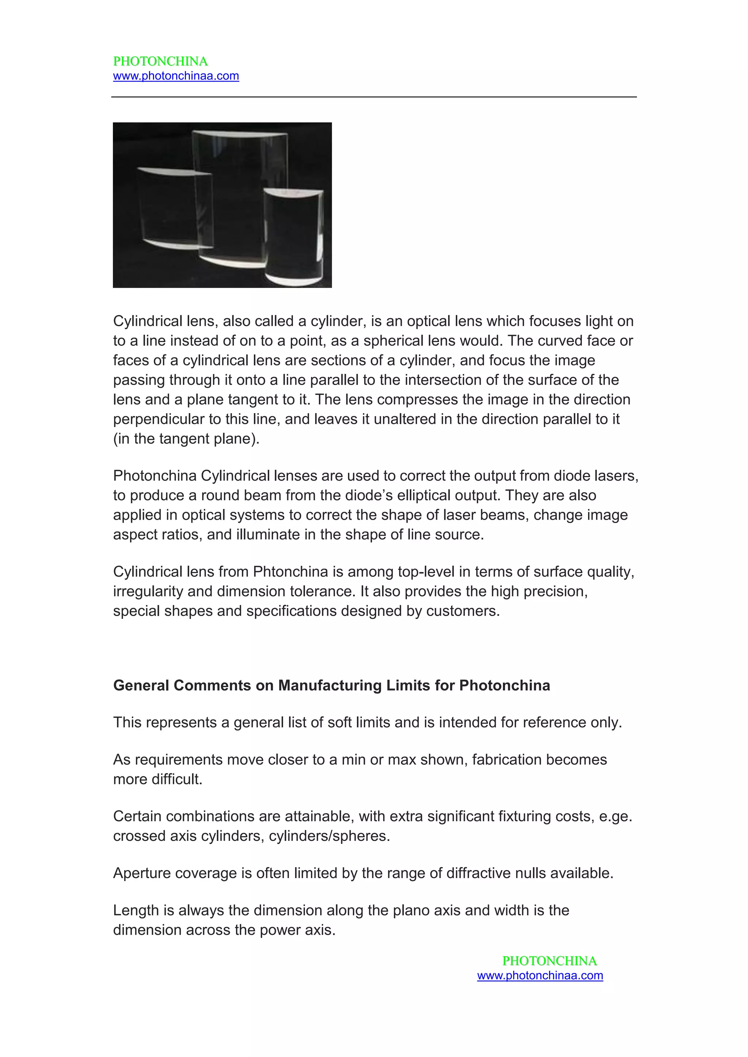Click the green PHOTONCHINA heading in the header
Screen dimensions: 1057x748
coord(160,61)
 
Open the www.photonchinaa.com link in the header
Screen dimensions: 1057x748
coord(176,76)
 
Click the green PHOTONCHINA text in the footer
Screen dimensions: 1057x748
coord(549,960)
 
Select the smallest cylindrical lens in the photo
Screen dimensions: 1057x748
coord(293,235)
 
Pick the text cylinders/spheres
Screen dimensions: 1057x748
coord(329,835)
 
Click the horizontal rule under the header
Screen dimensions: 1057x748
coord(374,97)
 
